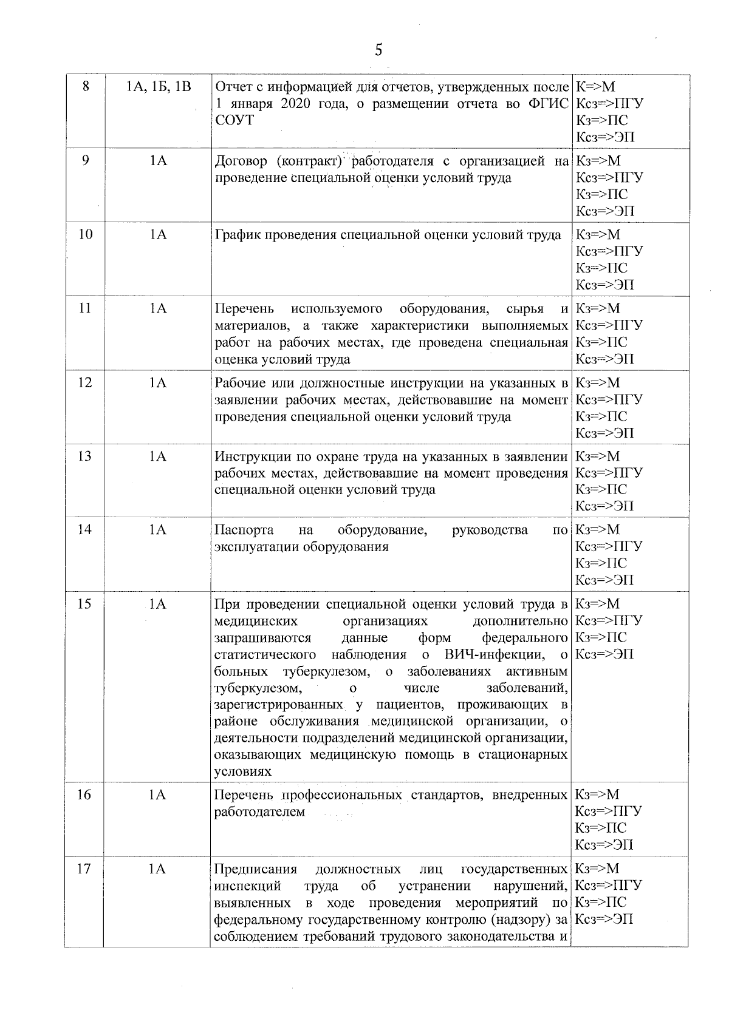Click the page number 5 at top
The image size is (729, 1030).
(x=378, y=50)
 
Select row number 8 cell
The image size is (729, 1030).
(x=86, y=87)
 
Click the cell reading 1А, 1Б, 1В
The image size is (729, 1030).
(x=159, y=87)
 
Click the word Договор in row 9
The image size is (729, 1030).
(x=241, y=161)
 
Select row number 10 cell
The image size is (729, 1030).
(x=86, y=235)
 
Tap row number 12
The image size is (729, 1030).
(x=86, y=382)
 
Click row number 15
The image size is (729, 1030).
(x=86, y=604)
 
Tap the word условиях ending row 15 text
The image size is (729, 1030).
(x=242, y=772)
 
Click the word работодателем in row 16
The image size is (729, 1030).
(x=259, y=812)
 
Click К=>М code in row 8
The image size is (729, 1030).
(x=595, y=87)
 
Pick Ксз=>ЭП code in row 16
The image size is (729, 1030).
(x=604, y=845)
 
